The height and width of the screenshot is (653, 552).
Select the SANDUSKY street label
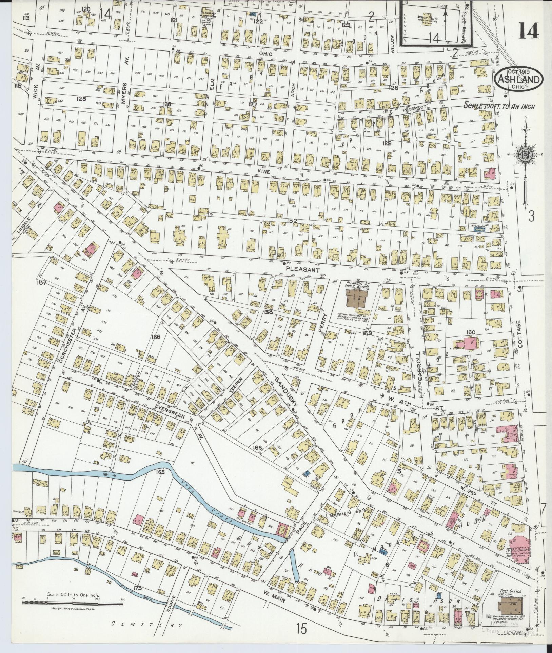click(x=286, y=391)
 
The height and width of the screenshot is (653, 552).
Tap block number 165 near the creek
click(x=160, y=472)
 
